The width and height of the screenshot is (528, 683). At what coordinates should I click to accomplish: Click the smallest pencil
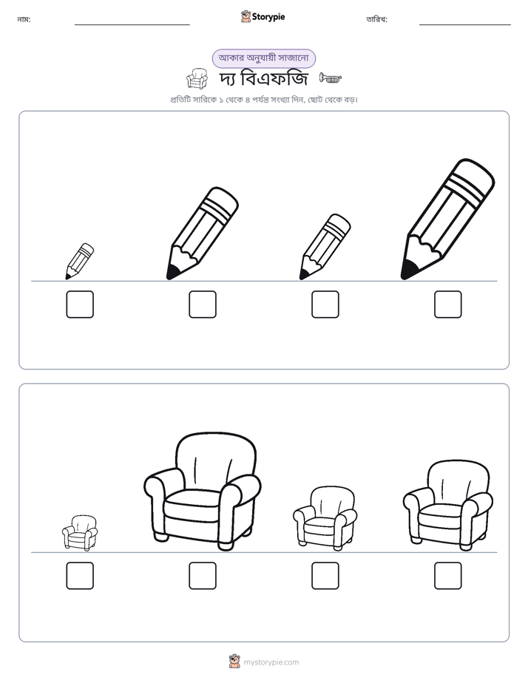tap(80, 262)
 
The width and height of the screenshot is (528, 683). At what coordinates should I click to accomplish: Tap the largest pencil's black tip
tap(408, 270)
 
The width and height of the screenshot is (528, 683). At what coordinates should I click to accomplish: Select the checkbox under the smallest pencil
tap(80, 304)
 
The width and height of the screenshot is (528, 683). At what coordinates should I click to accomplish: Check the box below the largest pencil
tap(448, 304)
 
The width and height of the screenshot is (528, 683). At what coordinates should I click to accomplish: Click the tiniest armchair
tap(80, 533)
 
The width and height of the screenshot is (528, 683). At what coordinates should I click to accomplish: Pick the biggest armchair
tap(203, 492)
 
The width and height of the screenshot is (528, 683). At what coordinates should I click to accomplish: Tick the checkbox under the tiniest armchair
tap(80, 575)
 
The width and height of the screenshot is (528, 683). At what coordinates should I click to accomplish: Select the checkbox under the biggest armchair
tap(203, 575)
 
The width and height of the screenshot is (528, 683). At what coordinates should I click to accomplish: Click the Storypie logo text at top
tap(268, 17)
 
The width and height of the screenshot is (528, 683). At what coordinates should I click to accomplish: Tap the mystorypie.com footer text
tap(271, 662)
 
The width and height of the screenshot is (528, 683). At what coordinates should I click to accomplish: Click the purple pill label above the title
tap(263, 58)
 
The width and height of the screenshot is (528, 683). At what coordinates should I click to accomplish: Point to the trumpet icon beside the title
tap(331, 78)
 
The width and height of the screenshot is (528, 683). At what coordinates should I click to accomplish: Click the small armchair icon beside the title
tap(197, 78)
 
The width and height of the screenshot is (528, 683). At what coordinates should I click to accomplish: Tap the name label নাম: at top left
tap(24, 19)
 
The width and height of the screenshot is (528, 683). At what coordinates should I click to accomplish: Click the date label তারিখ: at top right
tap(377, 19)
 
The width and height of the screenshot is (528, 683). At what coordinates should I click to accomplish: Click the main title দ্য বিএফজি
tap(263, 79)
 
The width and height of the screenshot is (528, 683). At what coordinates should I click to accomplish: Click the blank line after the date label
tap(465, 25)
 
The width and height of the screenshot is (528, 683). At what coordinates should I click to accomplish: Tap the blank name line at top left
tap(132, 25)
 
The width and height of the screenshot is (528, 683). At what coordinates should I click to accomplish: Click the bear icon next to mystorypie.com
tap(234, 662)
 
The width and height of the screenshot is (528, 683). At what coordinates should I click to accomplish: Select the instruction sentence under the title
tap(263, 100)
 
